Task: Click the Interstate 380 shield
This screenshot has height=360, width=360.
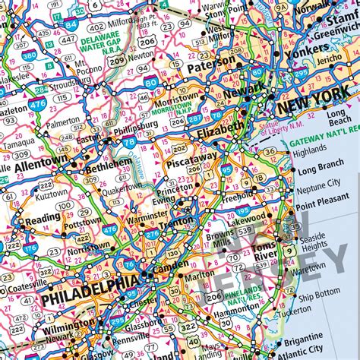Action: [28, 55]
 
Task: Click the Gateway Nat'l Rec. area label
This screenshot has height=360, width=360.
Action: [327, 141]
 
